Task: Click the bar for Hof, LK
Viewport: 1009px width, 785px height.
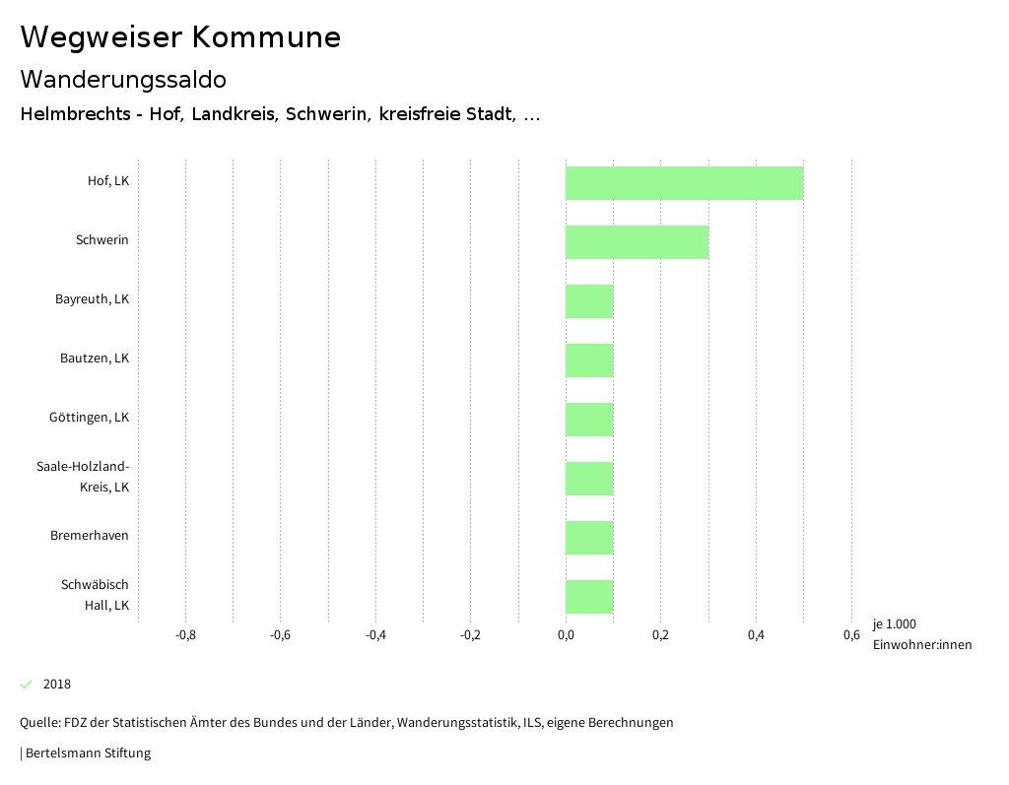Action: coord(684,183)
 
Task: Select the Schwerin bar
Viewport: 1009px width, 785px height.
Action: coord(637,242)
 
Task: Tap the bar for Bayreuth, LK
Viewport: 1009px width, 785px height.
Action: coord(589,301)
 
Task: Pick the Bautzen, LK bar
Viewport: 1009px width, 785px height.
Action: coord(589,360)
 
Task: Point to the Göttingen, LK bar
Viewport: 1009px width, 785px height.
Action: coord(589,420)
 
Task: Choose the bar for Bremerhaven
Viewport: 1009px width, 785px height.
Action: coord(589,538)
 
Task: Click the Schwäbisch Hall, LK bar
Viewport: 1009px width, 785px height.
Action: coord(589,597)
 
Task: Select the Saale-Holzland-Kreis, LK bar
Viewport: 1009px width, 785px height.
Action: coord(589,479)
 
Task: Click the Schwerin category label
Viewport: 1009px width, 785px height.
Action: coord(102,240)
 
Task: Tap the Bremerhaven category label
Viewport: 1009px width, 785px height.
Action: coord(90,536)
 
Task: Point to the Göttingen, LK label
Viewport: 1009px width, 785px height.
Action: coord(89,418)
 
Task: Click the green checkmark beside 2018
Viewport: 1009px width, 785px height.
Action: coord(27,685)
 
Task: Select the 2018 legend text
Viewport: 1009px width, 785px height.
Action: coord(57,685)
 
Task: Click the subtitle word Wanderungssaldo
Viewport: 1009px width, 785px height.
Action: coord(123,79)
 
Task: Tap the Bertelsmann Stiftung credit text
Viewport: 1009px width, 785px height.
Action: coord(88,753)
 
